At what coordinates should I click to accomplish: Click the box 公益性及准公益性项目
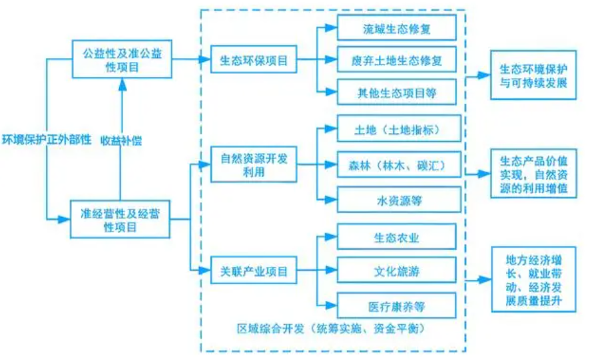pyautogui.click(x=121, y=59)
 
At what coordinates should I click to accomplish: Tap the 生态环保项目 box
pyautogui.click(x=254, y=60)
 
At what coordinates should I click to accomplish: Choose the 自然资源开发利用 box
pyautogui.click(x=254, y=164)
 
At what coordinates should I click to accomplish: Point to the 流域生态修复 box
pyautogui.click(x=397, y=27)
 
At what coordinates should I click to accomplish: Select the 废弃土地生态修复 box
pyautogui.click(x=397, y=61)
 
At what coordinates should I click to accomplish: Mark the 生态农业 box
pyautogui.click(x=397, y=236)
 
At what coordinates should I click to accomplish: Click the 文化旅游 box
pyautogui.click(x=397, y=271)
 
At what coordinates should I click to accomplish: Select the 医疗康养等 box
pyautogui.click(x=397, y=305)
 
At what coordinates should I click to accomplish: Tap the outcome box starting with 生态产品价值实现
pyautogui.click(x=533, y=175)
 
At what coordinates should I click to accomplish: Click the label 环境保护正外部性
pyautogui.click(x=46, y=140)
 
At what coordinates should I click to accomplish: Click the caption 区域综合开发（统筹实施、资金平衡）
pyautogui.click(x=332, y=329)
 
